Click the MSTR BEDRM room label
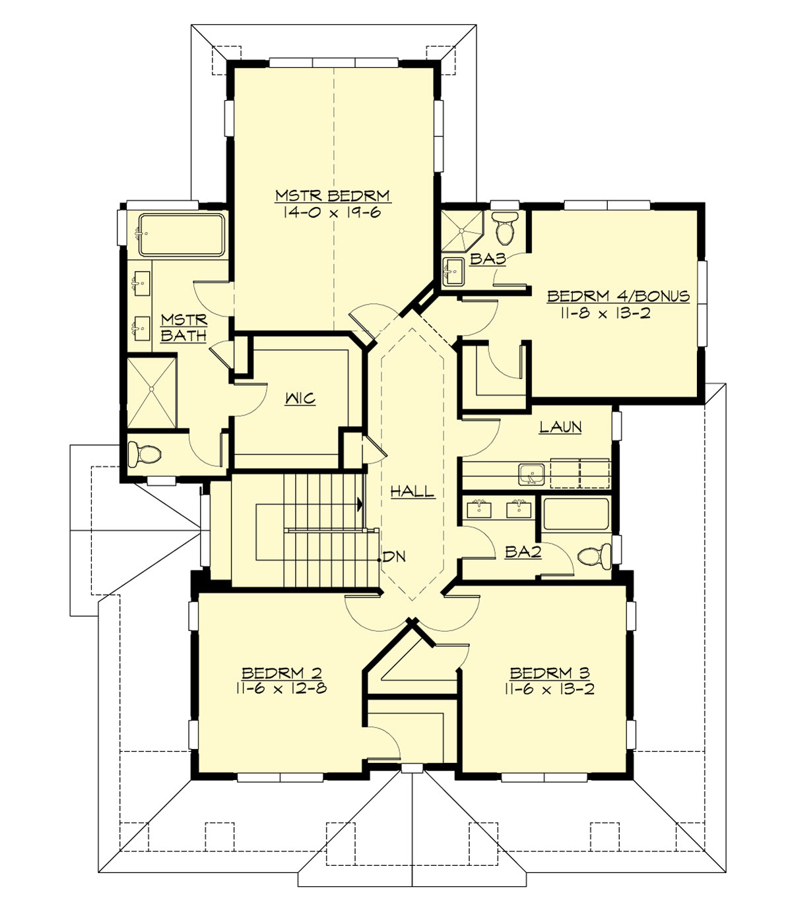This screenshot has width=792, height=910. tap(333, 196)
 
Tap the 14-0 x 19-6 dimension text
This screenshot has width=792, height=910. tap(333, 212)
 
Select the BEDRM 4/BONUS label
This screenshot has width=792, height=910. tap(618, 296)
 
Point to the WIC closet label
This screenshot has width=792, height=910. tap(300, 399)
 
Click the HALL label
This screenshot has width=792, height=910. tap(412, 491)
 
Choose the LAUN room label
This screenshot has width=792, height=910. tap(560, 427)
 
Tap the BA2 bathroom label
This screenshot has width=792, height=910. tap(523, 552)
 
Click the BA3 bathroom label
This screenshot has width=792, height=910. tap(488, 259)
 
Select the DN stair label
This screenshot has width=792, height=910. tap(394, 557)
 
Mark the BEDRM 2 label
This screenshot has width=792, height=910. tap(281, 673)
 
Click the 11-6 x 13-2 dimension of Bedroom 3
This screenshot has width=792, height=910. tap(549, 690)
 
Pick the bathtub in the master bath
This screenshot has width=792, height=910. tap(181, 234)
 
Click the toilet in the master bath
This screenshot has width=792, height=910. tap(145, 454)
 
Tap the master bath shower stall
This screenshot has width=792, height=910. tap(151, 391)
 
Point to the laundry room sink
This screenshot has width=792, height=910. tap(531, 473)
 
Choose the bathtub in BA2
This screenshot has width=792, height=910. tap(576, 514)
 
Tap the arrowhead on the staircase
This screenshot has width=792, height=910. tap(360, 505)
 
